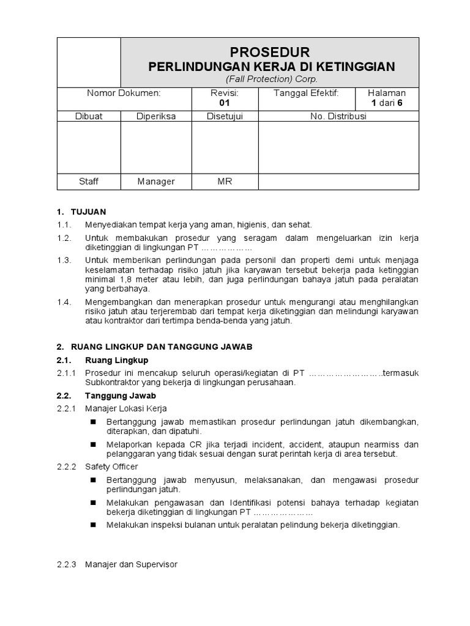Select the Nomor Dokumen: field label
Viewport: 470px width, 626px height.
point(124,93)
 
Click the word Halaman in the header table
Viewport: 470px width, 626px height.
point(386,93)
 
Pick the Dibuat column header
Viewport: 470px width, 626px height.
point(89,116)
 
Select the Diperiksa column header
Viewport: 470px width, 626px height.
point(156,116)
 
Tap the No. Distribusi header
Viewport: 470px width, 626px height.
point(338,116)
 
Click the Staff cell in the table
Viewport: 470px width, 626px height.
point(89,182)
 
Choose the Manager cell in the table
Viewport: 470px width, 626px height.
point(156,182)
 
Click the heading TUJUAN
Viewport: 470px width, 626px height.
point(91,212)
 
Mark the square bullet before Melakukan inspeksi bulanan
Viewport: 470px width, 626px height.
point(94,525)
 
